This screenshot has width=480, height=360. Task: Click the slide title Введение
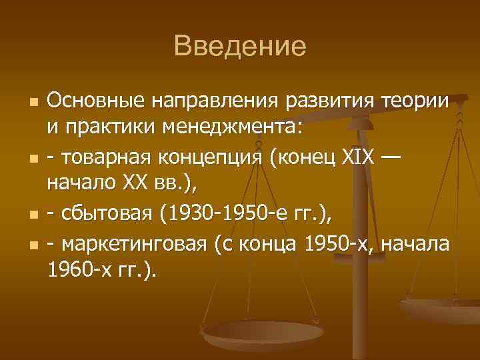pyautogui.click(x=239, y=47)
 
